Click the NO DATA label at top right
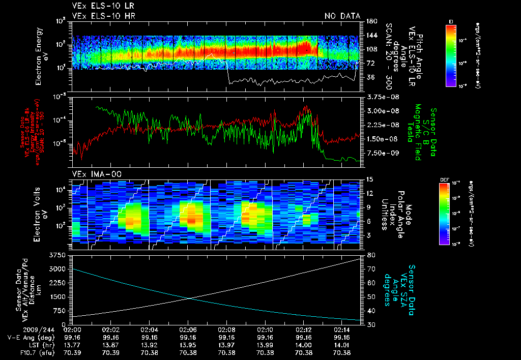(x=342, y=16)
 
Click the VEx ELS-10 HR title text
(x=99, y=16)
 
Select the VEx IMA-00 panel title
(x=93, y=174)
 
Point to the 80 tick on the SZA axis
(x=371, y=254)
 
